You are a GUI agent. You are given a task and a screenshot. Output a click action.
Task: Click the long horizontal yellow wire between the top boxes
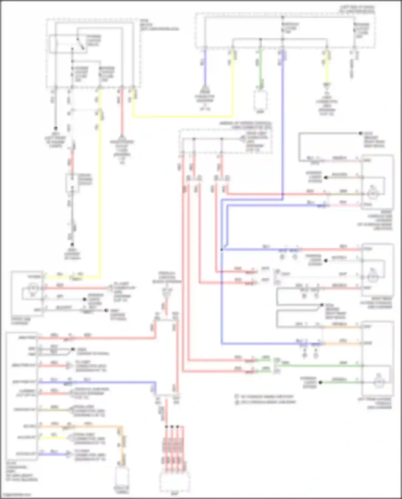(182, 117)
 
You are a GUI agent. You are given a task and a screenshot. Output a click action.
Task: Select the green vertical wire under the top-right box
(260, 67)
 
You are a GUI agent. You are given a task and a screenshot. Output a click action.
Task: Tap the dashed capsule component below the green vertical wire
(260, 101)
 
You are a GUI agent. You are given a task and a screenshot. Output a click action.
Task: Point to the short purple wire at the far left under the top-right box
(205, 67)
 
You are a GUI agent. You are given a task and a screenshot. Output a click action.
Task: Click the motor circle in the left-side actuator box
(33, 289)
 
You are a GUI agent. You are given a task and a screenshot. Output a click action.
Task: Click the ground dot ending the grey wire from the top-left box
(56, 128)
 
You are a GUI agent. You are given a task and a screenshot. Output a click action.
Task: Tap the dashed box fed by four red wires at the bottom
(174, 481)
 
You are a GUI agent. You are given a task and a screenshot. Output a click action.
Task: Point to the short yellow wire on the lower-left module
(54, 438)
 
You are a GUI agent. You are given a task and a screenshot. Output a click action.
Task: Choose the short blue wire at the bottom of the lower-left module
(54, 454)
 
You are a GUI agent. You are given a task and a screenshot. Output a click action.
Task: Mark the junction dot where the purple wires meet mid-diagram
(222, 250)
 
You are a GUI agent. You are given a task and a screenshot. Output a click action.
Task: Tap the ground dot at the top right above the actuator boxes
(360, 133)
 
